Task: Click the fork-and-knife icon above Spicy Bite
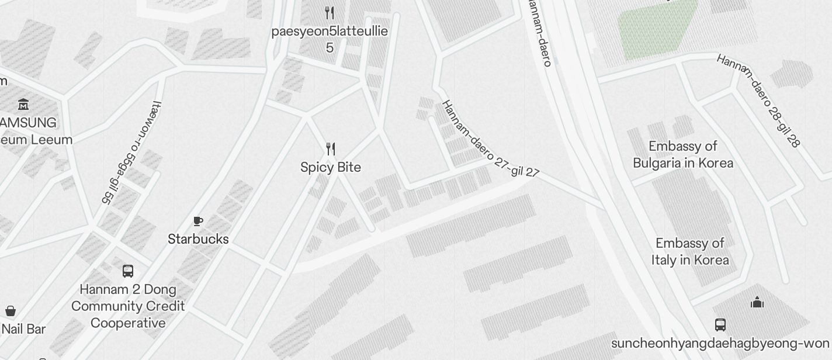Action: click(331, 149)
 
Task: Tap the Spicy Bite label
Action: click(331, 168)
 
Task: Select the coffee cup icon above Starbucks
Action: click(198, 221)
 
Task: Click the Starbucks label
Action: click(198, 239)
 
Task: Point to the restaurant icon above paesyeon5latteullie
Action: click(330, 12)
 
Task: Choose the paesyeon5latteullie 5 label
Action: click(330, 39)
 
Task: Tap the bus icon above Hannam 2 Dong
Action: click(128, 271)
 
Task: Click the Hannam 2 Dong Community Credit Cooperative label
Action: click(128, 306)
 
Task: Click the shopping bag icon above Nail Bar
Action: click(10, 311)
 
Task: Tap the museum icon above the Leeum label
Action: click(23, 105)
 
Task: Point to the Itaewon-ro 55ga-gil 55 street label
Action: click(131, 153)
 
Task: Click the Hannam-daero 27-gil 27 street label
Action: click(489, 141)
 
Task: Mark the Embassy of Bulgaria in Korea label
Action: click(683, 154)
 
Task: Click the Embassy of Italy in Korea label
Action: click(690, 251)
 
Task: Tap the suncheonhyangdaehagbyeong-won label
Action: click(720, 343)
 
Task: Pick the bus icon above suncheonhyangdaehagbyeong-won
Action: click(720, 325)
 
